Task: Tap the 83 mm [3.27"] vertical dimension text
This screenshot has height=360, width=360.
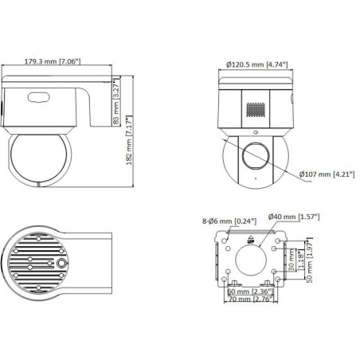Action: click(x=117, y=101)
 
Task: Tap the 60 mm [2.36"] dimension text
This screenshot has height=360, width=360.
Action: click(x=246, y=292)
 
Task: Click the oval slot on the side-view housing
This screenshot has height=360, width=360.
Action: click(x=37, y=98)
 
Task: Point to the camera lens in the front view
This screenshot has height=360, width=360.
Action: click(x=255, y=156)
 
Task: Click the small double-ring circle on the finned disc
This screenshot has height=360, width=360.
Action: click(x=61, y=264)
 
